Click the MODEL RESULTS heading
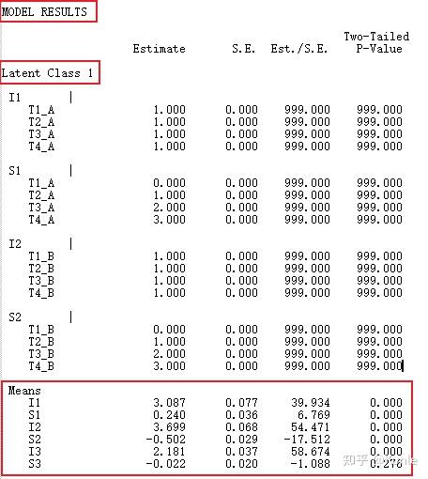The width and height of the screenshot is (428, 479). [44, 12]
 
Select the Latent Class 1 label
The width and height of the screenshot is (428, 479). [48, 72]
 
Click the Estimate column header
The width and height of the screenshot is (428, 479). [160, 49]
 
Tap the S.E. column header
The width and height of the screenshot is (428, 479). [244, 49]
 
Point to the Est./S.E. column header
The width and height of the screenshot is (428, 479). [299, 49]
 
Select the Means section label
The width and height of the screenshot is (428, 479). [24, 390]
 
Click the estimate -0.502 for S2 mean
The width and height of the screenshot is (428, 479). [166, 439]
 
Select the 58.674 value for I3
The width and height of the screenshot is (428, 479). [309, 451]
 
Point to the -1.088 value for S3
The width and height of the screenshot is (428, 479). [309, 463]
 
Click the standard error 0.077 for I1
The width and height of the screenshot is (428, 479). [241, 402]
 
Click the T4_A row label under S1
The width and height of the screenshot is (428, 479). [41, 220]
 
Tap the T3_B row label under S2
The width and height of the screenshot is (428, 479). [41, 354]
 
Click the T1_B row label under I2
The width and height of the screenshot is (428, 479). [41, 256]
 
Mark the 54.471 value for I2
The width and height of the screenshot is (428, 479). [309, 426]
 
